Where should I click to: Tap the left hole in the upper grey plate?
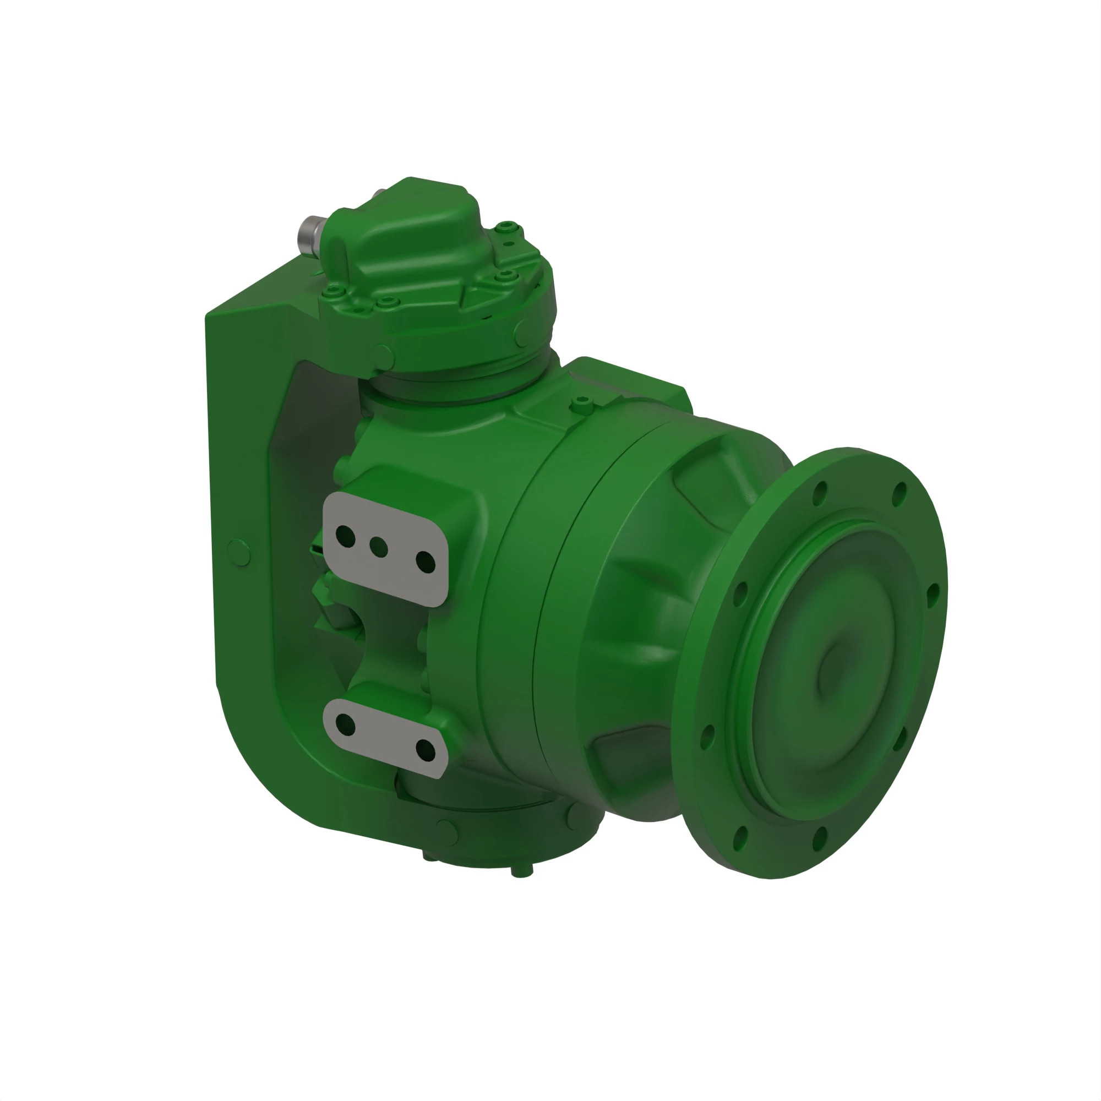(345, 536)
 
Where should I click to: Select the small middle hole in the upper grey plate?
(378, 548)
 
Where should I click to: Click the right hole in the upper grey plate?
(425, 562)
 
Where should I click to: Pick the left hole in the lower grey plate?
(345, 725)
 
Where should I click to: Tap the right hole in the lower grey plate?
(425, 750)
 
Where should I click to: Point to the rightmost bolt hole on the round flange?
(933, 596)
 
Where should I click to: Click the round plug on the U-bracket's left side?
(239, 552)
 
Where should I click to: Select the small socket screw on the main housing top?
(581, 405)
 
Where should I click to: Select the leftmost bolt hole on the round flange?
(707, 737)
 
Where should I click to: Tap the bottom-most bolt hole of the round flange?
(741, 838)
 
